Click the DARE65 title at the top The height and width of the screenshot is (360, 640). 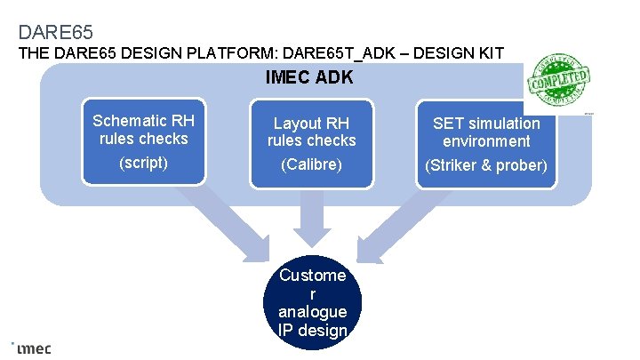[x=56, y=33]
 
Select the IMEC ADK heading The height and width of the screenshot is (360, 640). [x=309, y=78]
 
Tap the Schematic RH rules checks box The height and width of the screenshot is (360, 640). [x=144, y=142]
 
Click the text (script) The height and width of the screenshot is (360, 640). [x=143, y=164]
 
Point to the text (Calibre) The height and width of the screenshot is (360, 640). [x=311, y=165]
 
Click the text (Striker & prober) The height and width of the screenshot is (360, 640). [x=486, y=165]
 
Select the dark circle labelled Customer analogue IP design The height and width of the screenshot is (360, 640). [x=312, y=303]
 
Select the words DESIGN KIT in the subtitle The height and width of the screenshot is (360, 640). [x=464, y=53]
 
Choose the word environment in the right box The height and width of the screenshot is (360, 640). [x=487, y=141]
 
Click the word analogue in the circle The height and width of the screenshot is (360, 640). [x=312, y=312]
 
